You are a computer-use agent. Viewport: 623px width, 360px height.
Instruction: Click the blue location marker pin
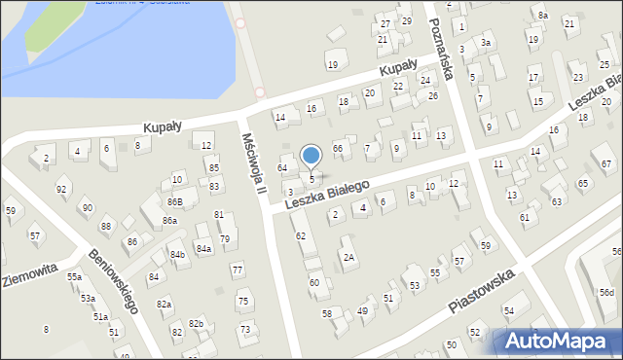coord(311,156)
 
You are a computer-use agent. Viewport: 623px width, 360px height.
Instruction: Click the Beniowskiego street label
coord(112,280)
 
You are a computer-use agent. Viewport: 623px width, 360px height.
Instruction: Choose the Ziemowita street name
coord(30,274)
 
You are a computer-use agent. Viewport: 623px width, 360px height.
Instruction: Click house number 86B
coord(174,201)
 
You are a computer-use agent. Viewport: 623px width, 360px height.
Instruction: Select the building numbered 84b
coord(178,255)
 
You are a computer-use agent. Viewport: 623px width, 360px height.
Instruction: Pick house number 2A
coord(348,257)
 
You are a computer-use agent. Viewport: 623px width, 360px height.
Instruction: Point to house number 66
coord(338,148)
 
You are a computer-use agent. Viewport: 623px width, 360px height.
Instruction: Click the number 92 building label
coord(61,189)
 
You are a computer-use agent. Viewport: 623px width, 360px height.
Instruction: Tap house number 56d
coord(607,292)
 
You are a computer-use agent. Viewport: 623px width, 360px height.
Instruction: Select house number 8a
coord(543,16)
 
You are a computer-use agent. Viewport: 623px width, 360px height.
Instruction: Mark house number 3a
coord(485,43)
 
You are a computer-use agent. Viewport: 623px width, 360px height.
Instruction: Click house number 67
coord(607,163)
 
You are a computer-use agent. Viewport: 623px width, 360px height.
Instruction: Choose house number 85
coord(213,167)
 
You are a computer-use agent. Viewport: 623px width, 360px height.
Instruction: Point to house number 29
coord(406,21)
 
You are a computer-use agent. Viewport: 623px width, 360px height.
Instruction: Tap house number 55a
coord(74,277)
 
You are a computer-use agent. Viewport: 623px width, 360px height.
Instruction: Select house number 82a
coord(165,305)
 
